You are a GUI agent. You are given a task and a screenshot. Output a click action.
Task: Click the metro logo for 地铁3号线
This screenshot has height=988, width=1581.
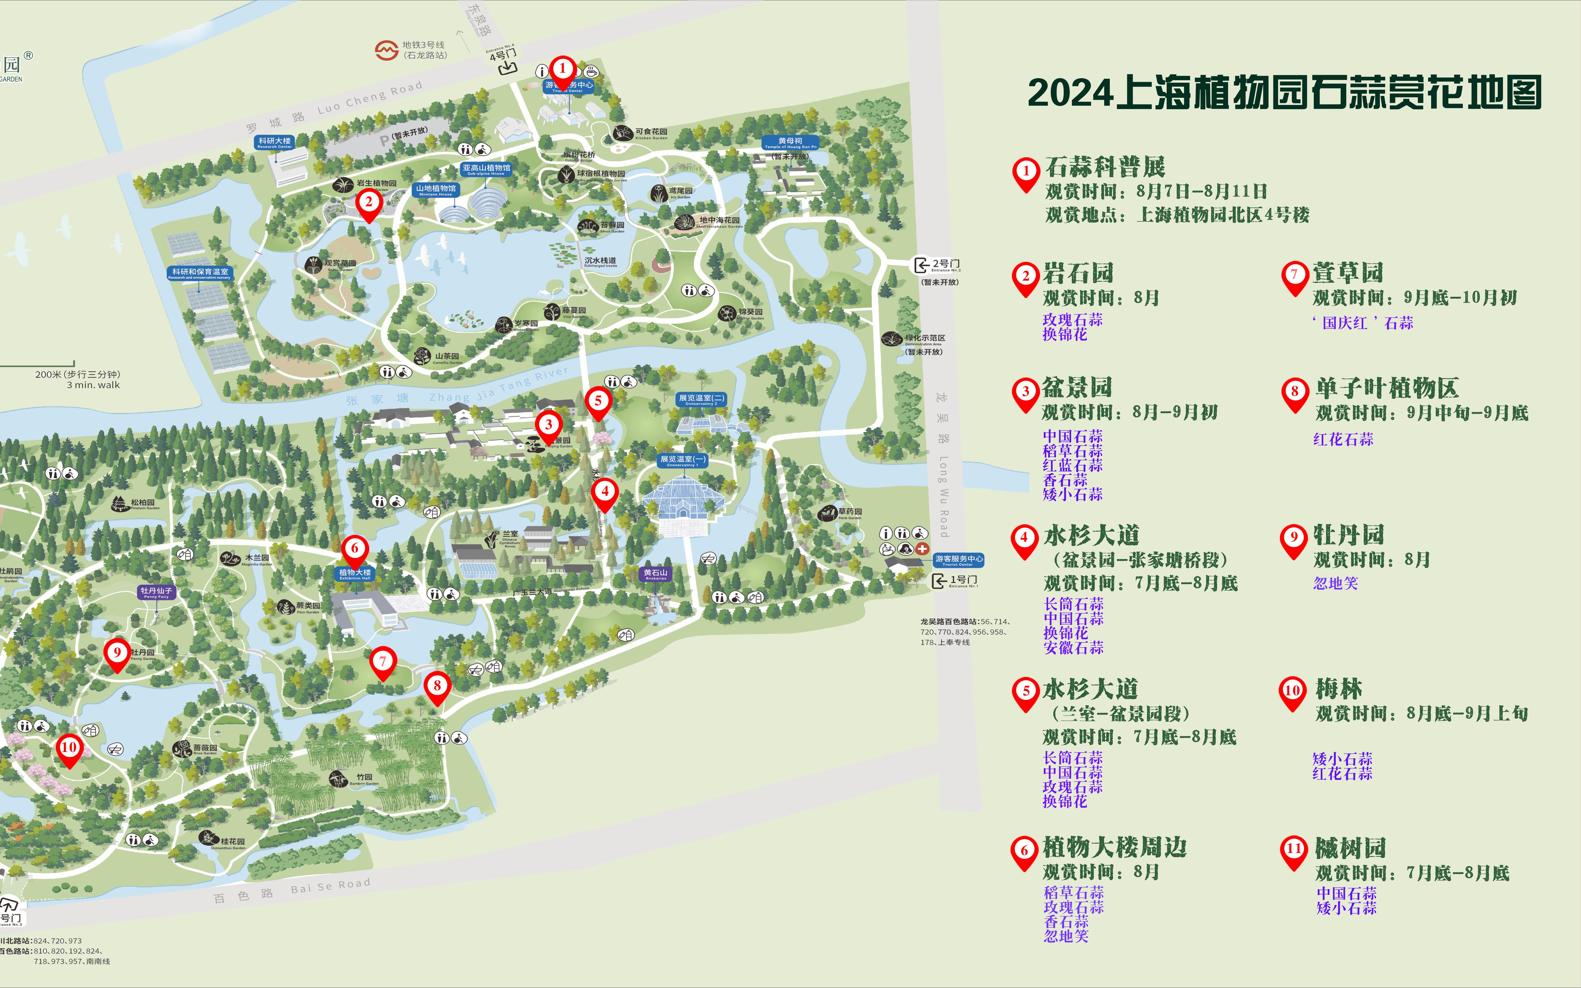pos(386,50)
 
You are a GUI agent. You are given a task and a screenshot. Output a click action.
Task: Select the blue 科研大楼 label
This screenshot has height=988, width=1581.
pos(274,142)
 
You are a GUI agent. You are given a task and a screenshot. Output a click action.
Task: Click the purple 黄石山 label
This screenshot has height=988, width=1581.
pos(655,574)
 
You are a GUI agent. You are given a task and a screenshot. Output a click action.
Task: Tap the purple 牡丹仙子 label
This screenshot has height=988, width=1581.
pos(156,592)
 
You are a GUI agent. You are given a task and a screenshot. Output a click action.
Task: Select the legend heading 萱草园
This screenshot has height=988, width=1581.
pos(1348,273)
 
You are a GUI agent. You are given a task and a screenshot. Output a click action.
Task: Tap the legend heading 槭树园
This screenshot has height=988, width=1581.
pos(1350,848)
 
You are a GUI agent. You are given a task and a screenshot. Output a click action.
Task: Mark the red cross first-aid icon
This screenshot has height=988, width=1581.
pos(922,549)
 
